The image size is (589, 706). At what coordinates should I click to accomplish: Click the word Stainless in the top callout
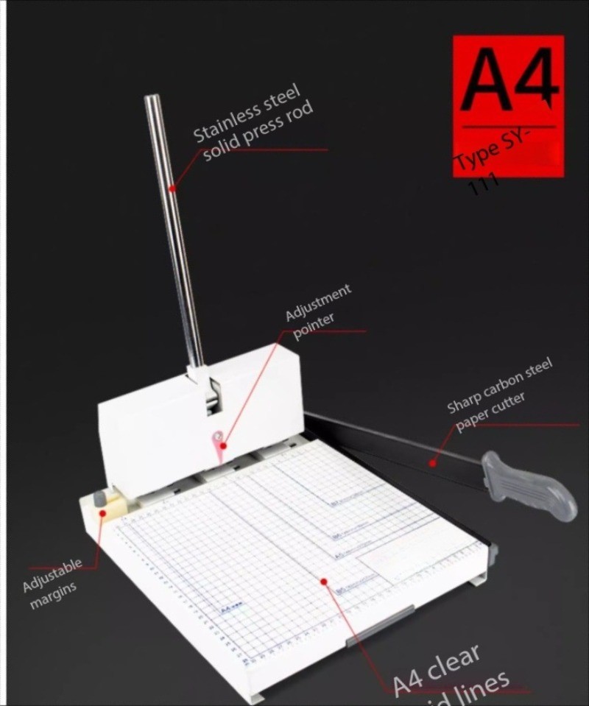pyautogui.click(x=225, y=122)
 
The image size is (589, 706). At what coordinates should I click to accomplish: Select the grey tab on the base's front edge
pyautogui.click(x=379, y=623)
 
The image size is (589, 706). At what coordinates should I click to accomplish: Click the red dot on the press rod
pyautogui.click(x=172, y=188)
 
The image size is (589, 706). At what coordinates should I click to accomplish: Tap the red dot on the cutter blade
pyautogui.click(x=433, y=463)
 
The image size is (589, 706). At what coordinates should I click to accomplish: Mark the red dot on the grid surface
pyautogui.click(x=324, y=582)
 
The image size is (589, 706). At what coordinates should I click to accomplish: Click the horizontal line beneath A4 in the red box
pyautogui.click(x=508, y=127)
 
